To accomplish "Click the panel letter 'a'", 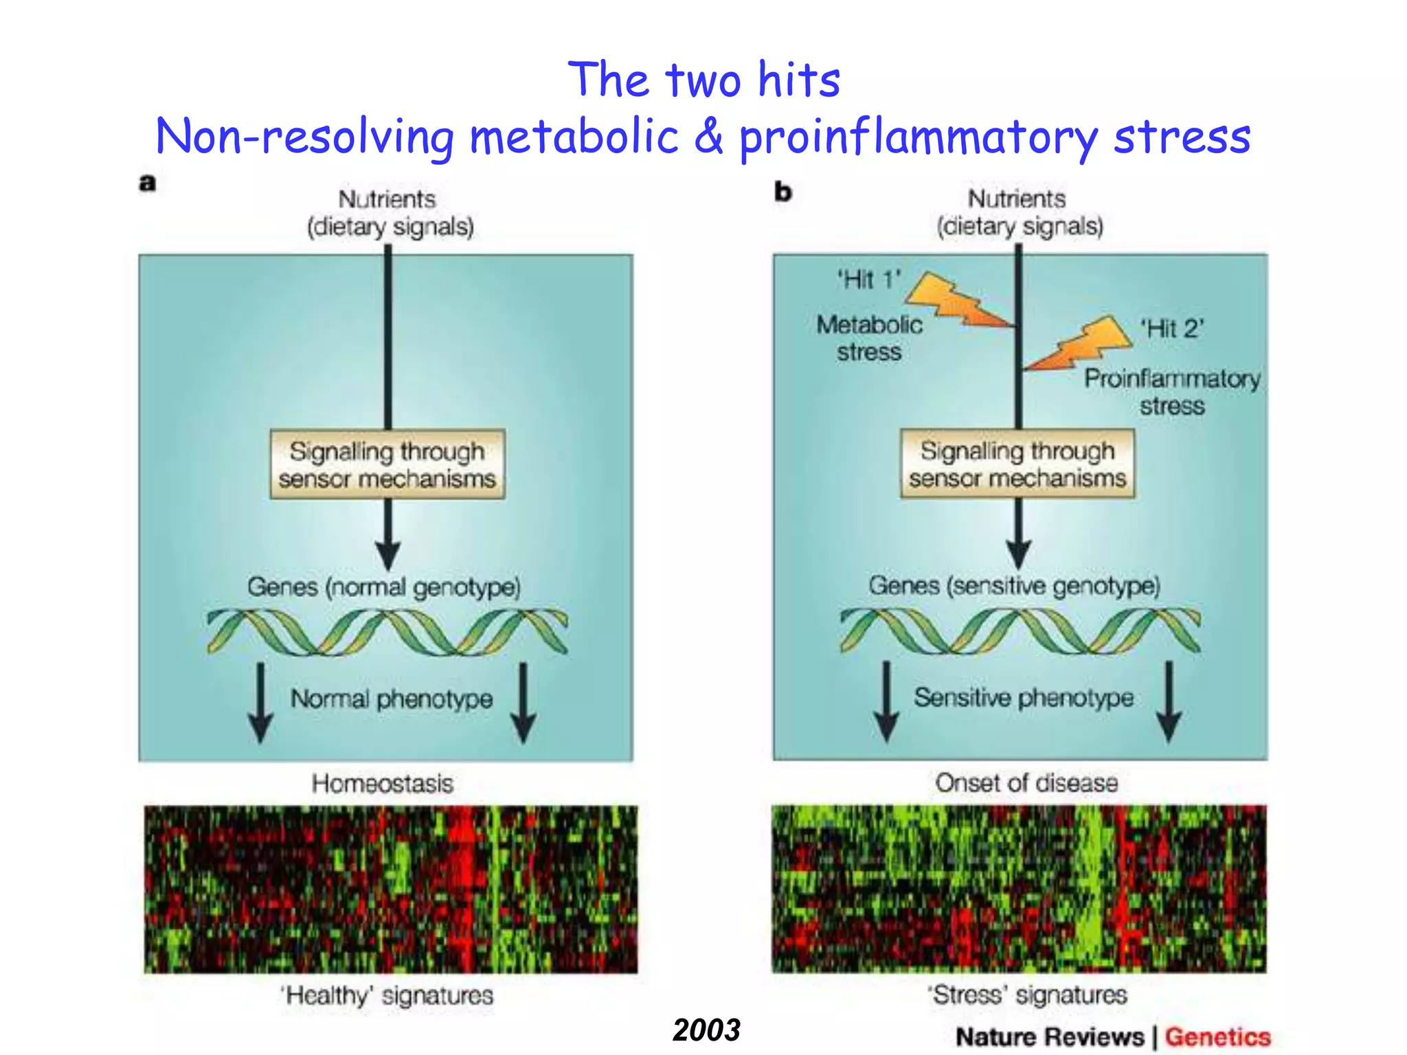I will pos(148,183).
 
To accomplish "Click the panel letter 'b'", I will pos(783,192).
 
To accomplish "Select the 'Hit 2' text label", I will pos(1173,328).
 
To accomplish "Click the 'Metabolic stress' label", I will pos(869,338).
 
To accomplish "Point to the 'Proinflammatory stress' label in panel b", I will pos(1172,392).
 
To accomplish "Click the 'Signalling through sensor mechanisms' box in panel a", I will pos(387,464).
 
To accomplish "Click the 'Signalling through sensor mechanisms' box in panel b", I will pos(1017,464).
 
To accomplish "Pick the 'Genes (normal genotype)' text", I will pos(384,587).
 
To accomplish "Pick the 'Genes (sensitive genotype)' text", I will pos(1014,585).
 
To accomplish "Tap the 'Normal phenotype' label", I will pos(392,699).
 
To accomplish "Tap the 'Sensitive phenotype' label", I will pos(1024,697).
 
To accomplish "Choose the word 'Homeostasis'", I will pos(383,784).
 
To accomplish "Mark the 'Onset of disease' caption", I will pos(1026,782).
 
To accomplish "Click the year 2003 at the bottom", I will pos(706,1030).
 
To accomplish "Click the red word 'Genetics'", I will pos(1217,1036).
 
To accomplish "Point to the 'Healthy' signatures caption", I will pos(387,995).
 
